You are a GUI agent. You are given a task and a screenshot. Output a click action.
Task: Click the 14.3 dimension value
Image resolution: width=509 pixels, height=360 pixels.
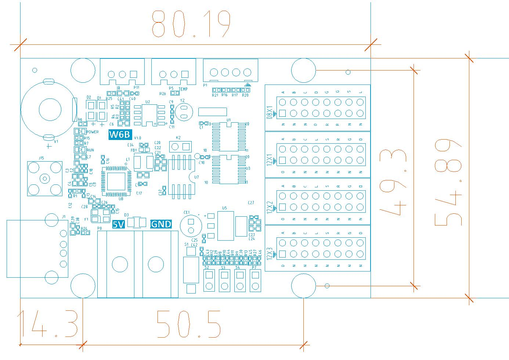tap(48, 324)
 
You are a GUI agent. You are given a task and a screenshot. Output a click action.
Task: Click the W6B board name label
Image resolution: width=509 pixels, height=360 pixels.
tap(120, 135)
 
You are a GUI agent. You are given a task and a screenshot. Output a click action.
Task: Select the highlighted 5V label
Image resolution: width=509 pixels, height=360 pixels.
tap(118, 224)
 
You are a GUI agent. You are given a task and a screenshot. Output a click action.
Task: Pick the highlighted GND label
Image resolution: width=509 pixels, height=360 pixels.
tap(161, 224)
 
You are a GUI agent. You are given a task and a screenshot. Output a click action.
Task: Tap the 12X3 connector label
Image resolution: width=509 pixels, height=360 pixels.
tap(270, 254)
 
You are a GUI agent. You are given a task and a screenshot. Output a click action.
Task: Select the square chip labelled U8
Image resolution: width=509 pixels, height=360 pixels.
tap(116, 181)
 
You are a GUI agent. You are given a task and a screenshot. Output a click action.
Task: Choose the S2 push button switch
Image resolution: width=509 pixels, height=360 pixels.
tap(209, 281)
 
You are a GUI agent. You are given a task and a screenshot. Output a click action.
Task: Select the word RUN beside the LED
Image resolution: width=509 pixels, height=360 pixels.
tap(90, 150)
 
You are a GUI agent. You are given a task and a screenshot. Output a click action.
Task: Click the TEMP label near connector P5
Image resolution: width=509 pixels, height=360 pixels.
tap(183, 89)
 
